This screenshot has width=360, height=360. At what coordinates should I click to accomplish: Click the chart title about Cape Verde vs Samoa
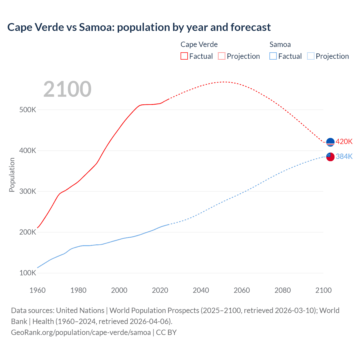pos(139,27)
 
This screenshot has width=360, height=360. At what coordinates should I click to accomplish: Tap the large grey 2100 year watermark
pos(67,89)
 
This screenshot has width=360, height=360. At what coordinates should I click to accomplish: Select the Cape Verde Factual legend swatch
pos(184,56)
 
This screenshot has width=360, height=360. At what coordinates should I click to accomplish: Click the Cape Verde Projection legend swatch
pos(222,56)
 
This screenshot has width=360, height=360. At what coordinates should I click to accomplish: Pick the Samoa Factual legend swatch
pos(273,56)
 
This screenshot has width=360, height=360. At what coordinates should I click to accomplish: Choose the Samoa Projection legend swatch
pos(310,56)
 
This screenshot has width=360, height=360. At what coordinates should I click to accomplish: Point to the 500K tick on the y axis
pos(28,110)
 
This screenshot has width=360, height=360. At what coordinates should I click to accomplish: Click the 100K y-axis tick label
pos(28,273)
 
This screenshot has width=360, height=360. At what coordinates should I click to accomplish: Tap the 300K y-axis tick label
pos(28,192)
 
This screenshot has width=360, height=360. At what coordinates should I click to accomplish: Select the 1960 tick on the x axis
pos(37,290)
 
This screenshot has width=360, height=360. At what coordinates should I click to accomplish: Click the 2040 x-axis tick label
pos(201,290)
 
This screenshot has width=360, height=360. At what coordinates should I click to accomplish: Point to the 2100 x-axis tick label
pos(323,290)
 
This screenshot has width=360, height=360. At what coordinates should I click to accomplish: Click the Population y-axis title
pos(12,175)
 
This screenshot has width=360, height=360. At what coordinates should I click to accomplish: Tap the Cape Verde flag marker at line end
pos(330,142)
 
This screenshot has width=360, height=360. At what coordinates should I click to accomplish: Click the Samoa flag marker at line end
pos(330,157)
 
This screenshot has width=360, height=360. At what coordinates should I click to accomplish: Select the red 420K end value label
pos(344,141)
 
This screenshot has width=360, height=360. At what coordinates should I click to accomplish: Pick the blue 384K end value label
pos(344,156)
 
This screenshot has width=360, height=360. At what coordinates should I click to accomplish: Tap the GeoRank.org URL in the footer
pos(81,332)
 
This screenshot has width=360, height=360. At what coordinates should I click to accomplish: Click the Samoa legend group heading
pos(280,44)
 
